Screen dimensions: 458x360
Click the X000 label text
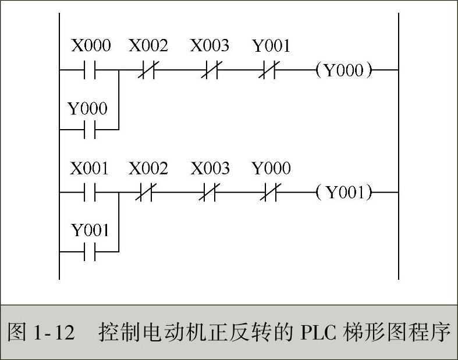pos(90,45)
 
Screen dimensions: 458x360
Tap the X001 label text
pos(90,169)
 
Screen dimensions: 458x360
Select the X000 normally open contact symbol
pos(90,70)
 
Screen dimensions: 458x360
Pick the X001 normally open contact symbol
pos(90,193)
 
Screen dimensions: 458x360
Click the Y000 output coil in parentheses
pos(343,70)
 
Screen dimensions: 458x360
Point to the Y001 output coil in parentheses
pos(343,193)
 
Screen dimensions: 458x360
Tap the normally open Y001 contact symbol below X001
pos(90,252)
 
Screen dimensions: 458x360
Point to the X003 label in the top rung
pos(210,45)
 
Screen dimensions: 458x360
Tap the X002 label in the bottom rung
pos(148,169)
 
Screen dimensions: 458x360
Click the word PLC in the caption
pos(318,333)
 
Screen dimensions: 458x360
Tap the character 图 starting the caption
pos(17,333)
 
